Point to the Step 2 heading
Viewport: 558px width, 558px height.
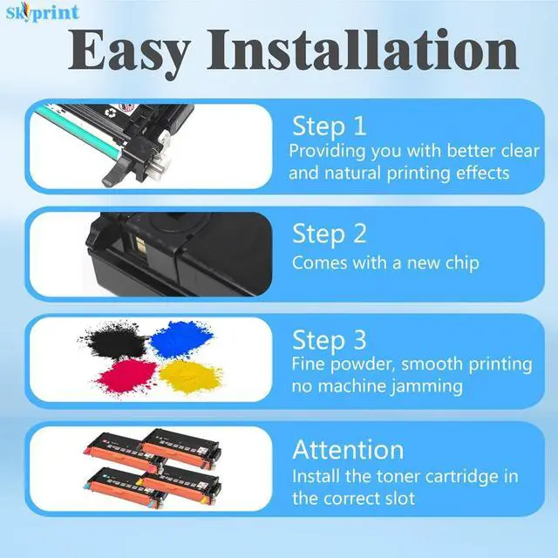[x=330, y=234]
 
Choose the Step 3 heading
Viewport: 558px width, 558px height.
[x=330, y=339]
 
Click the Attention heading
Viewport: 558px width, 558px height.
[x=348, y=450]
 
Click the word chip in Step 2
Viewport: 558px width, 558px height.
[x=459, y=262]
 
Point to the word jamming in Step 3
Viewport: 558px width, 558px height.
[x=426, y=385]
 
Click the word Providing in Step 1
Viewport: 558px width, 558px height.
[x=330, y=151]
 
